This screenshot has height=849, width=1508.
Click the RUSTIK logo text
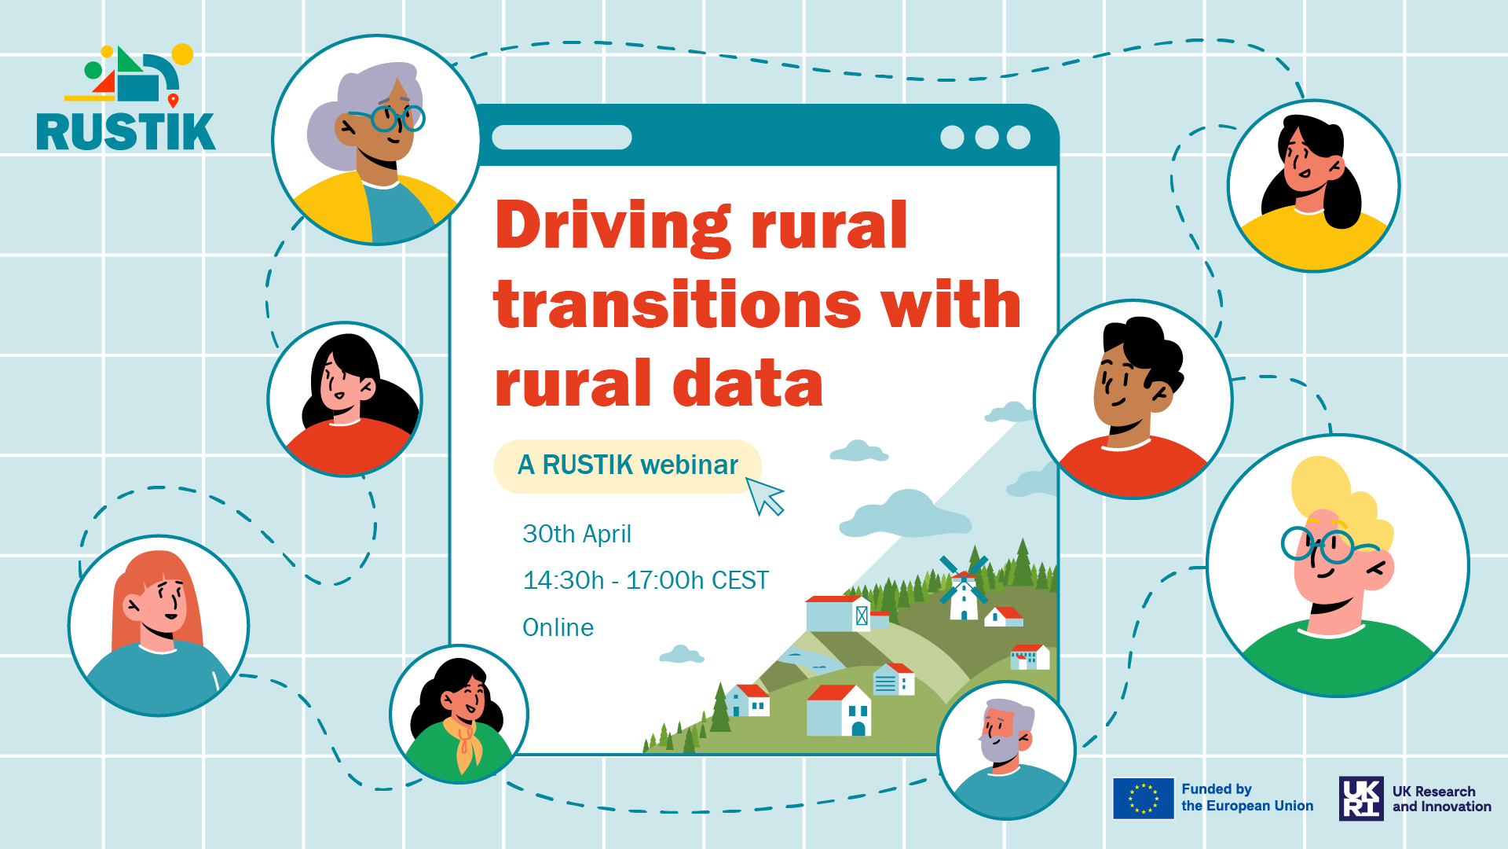coord(126,131)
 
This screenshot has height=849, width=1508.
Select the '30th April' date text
coord(576,534)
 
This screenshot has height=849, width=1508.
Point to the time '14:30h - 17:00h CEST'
coord(646,580)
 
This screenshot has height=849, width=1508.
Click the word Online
coord(558,627)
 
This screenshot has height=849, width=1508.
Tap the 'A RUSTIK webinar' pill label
coord(628,465)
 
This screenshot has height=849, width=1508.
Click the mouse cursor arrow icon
coord(764,496)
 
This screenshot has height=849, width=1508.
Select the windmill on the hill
coord(964,588)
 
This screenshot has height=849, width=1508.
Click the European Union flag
coord(1144,799)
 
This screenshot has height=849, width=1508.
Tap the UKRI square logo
coord(1361,799)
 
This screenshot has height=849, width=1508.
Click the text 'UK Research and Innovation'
coord(1441,799)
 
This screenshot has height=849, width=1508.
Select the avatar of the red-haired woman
coord(159,626)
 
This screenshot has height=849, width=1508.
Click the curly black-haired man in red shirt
coord(1133,399)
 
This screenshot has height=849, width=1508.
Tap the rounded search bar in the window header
coord(562,137)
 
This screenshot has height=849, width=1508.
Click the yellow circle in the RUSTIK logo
coord(182,54)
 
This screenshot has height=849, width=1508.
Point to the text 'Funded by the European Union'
coord(1247,797)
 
